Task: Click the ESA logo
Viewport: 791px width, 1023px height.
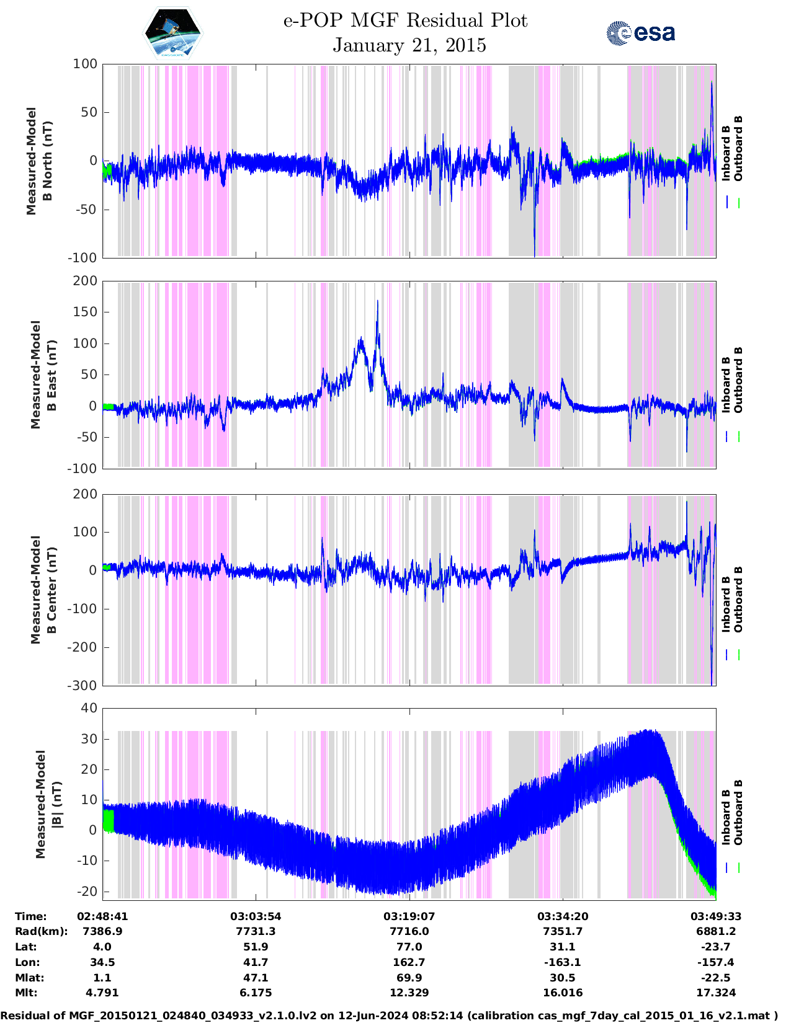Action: coord(641,33)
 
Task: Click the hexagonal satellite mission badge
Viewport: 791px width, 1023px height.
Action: coord(173,33)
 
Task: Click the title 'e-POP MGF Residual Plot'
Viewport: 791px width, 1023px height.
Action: coord(405,20)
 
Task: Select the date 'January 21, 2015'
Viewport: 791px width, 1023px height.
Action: coord(409,45)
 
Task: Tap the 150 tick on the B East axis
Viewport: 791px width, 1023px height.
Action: coord(85,312)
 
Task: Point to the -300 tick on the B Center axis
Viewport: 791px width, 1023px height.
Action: coord(84,685)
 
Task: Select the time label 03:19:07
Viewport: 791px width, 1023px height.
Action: coord(409,916)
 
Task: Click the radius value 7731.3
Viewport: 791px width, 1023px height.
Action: coord(256,931)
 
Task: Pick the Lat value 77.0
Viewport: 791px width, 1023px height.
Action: coord(409,947)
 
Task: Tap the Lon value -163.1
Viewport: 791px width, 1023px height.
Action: coord(562,962)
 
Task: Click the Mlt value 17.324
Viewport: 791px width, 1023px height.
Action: coord(716,993)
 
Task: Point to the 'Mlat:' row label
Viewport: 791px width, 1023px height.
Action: coord(29,978)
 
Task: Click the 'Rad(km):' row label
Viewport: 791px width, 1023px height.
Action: coord(41,931)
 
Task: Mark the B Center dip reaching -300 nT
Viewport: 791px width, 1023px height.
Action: coord(712,682)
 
